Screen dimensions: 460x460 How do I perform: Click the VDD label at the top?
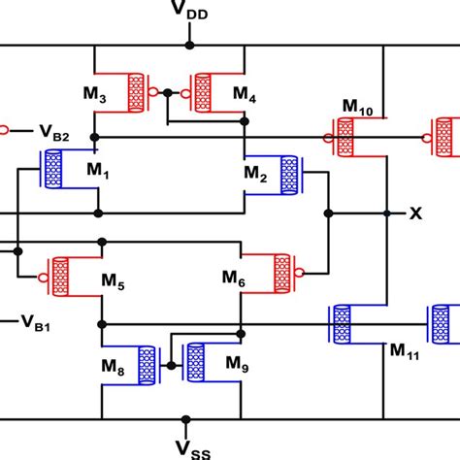point(191,15)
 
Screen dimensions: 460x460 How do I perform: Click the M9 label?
point(237,362)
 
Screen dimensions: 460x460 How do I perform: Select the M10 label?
point(358,104)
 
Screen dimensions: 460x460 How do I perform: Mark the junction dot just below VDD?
point(191,45)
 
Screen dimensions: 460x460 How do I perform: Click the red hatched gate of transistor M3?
point(135,92)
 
